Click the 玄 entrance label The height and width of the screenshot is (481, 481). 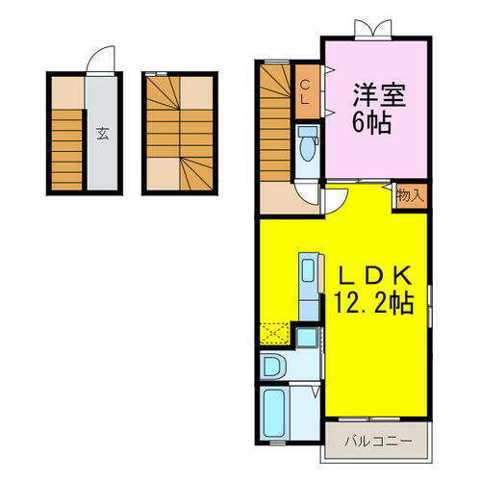pos(101,134)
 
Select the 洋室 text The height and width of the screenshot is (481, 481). pos(369,96)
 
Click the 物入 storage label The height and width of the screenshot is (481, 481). pos(409,195)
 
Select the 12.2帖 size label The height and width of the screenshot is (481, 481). pos(373,304)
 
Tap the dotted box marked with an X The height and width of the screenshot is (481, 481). pos(273,334)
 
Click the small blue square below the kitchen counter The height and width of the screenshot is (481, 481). pos(307,338)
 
